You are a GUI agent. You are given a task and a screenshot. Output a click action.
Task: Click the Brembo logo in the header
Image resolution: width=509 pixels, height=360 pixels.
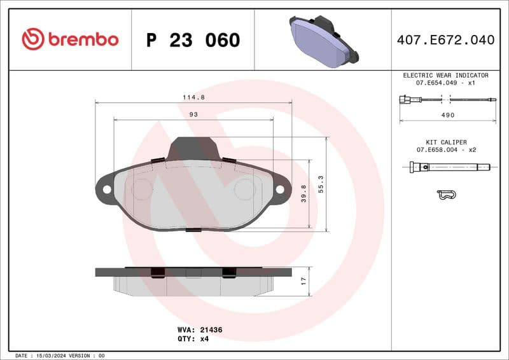[x=70, y=39]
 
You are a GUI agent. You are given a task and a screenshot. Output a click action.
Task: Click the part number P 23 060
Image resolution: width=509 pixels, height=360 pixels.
[x=193, y=40]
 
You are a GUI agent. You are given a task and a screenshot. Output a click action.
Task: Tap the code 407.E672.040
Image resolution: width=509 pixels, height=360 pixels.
[x=445, y=40]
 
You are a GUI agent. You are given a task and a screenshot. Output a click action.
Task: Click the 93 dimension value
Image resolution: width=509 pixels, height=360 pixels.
[x=193, y=114]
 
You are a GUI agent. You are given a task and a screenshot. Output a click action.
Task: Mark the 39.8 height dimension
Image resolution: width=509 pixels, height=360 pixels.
[x=304, y=193]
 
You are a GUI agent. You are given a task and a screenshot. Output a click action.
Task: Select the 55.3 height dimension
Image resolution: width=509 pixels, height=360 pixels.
[x=321, y=184]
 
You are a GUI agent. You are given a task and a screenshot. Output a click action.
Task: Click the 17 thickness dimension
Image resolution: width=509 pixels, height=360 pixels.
[x=304, y=280]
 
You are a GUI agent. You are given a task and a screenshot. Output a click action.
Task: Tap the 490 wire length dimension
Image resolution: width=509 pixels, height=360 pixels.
[x=448, y=115]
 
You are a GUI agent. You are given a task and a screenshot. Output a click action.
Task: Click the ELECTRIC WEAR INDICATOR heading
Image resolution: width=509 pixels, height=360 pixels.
[x=445, y=75]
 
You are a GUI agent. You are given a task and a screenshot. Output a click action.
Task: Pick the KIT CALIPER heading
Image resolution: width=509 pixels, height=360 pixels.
[x=446, y=142]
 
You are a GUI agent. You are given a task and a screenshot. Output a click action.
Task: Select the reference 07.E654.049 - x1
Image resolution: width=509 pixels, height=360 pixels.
[x=445, y=83]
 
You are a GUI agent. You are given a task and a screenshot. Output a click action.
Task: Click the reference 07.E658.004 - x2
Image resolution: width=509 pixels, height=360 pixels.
[x=446, y=149]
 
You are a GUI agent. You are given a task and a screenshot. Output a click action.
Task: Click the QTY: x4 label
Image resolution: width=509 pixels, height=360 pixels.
[x=193, y=339]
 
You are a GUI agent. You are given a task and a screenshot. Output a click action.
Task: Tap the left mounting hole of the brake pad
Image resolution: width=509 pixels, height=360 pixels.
[x=107, y=189]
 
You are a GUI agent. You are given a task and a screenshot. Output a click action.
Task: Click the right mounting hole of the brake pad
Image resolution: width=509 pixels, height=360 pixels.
[x=279, y=189]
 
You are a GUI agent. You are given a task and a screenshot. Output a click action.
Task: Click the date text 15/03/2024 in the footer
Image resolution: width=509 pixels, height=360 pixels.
[x=48, y=356]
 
